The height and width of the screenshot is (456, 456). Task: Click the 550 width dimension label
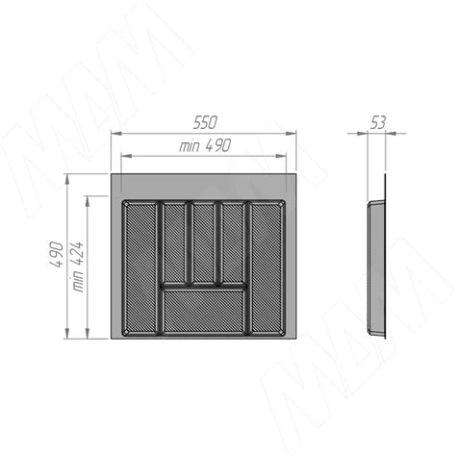pos(205,122)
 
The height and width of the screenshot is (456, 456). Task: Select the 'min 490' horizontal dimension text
pos(205,145)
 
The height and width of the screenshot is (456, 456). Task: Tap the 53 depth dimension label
pos(378,122)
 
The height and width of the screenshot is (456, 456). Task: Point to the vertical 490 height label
pos(57,254)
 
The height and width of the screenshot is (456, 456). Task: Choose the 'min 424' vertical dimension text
pos(77,266)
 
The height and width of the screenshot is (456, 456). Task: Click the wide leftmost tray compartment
pos(140,268)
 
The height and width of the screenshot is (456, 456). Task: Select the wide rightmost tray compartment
pos(266,268)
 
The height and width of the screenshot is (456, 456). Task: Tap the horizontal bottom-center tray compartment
pos(204,311)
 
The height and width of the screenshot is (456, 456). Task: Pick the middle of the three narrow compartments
pos(204,242)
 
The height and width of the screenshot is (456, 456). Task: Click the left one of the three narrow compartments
pos(174,242)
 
